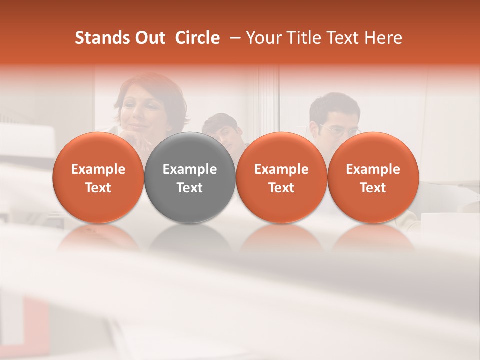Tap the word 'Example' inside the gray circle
point(190,169)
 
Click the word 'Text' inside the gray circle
point(190,188)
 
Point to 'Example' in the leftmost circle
point(98,169)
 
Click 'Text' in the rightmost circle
point(373,188)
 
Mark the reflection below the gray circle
point(190,237)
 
